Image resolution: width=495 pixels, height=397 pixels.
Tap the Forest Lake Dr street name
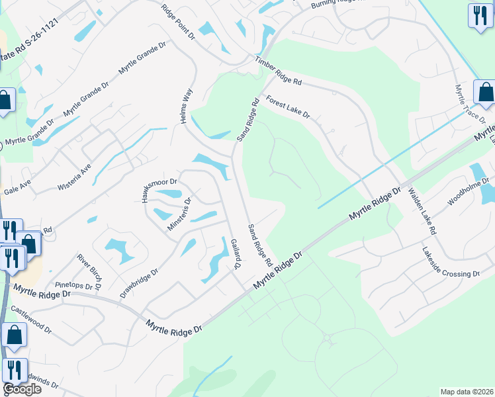point(288,107)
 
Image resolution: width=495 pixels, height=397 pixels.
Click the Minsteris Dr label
point(179,214)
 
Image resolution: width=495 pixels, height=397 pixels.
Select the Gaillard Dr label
point(234,254)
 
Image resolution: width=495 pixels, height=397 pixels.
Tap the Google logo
point(22,388)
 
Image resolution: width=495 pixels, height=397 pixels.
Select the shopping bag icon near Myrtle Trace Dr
point(485,94)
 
